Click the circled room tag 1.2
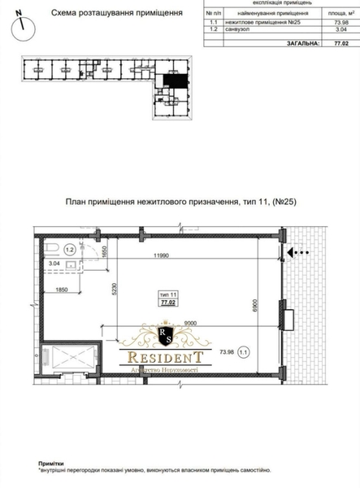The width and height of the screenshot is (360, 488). point(70,251)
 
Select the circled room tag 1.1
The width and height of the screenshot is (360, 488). point(267,353)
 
